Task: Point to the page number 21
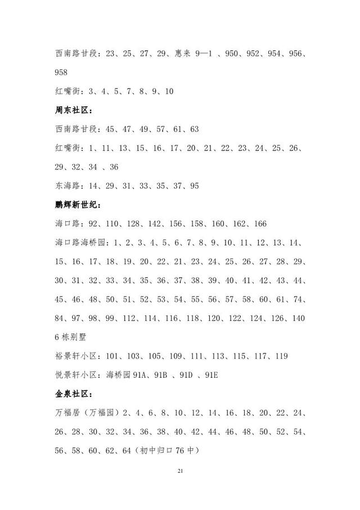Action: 180,471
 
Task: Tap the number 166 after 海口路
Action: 259,224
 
